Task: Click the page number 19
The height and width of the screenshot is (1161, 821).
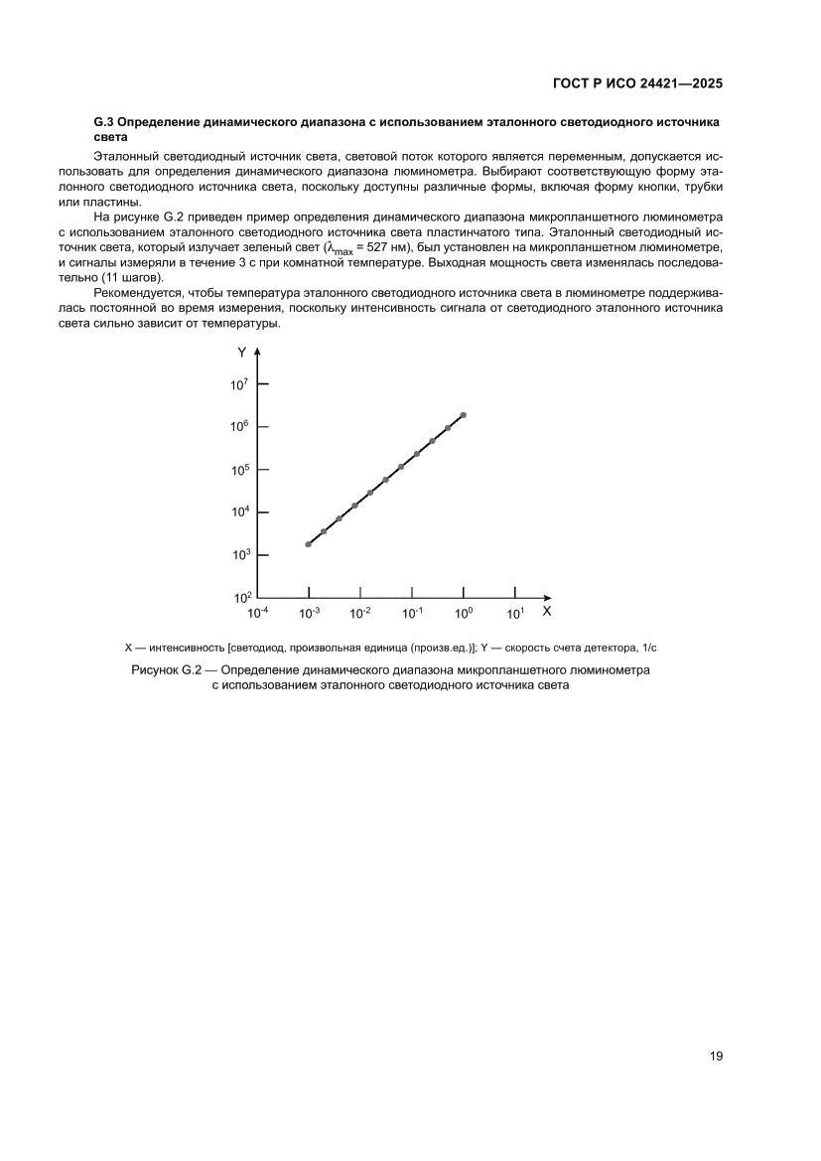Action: click(x=715, y=1056)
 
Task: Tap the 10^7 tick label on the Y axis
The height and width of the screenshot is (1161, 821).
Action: click(x=239, y=383)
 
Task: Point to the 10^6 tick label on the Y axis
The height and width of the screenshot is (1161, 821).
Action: click(x=239, y=426)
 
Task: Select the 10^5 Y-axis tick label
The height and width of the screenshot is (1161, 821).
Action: click(x=239, y=469)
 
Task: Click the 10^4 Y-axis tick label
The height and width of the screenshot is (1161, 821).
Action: click(x=239, y=511)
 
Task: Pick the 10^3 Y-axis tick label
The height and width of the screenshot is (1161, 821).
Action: click(x=239, y=554)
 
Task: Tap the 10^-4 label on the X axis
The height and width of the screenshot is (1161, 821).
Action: click(x=257, y=613)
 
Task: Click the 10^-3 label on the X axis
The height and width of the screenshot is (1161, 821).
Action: click(x=309, y=613)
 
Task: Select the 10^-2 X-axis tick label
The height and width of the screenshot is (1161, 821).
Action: click(x=360, y=613)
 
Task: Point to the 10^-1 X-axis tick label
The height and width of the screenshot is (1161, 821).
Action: click(x=412, y=613)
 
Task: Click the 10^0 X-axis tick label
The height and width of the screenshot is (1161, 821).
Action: click(x=464, y=613)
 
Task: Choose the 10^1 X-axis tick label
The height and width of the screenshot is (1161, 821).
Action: click(x=514, y=613)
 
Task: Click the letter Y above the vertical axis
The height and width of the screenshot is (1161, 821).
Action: click(x=242, y=353)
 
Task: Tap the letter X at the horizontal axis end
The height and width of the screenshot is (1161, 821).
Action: click(x=546, y=611)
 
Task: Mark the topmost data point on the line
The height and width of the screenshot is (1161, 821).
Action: click(x=464, y=415)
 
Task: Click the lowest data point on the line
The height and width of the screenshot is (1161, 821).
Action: click(x=309, y=544)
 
